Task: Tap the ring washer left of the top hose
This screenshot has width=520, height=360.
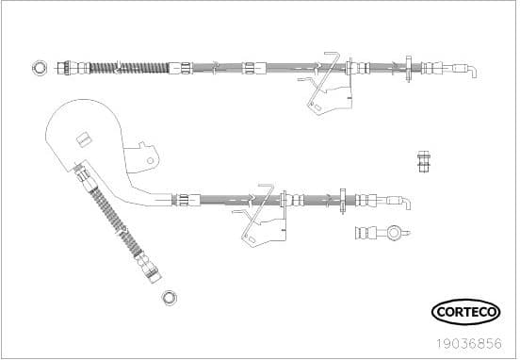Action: coord(39,66)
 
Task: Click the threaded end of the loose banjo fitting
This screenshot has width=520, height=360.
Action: coord(364,232)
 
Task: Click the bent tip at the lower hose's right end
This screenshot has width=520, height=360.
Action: coord(405,202)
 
